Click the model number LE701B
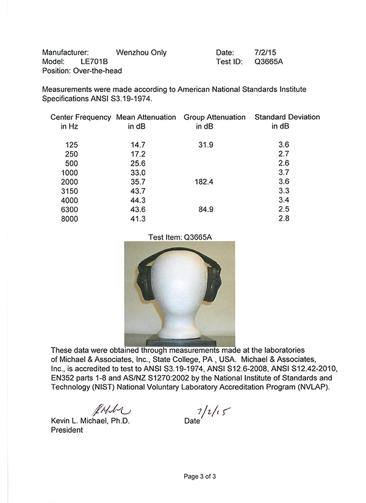[95, 62]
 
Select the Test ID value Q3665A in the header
[268, 62]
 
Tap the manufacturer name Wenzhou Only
[141, 52]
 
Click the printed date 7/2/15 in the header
[264, 52]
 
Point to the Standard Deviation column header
[287, 117]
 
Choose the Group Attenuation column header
[215, 117]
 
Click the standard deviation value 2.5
[283, 209]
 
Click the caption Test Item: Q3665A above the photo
[184, 237]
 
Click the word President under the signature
[66, 430]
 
